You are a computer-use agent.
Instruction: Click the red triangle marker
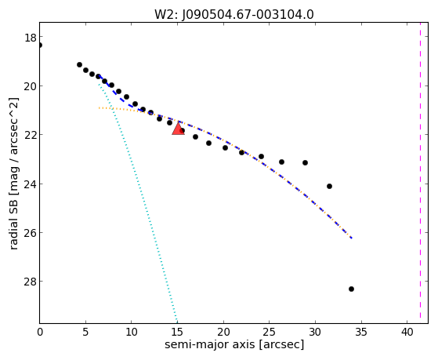[x=178, y=128]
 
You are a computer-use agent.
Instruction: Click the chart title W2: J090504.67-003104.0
[x=234, y=15]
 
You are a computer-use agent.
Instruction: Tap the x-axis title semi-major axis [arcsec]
[x=234, y=344]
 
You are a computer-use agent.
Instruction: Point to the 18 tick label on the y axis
[x=30, y=37]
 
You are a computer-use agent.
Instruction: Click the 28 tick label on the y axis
[x=30, y=282]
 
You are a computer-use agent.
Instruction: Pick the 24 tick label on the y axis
[x=30, y=184]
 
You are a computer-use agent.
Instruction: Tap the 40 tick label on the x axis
[x=407, y=333]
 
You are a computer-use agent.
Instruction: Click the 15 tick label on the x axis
[x=177, y=333]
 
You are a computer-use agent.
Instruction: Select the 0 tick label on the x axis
[x=40, y=333]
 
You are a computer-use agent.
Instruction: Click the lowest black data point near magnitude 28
[x=351, y=289]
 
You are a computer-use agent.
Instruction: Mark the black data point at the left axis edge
[x=40, y=45]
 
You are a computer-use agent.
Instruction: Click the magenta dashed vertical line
[x=420, y=173]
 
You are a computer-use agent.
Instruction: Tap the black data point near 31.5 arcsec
[x=329, y=187]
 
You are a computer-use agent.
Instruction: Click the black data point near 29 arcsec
[x=305, y=162]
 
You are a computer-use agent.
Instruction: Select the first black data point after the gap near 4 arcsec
[x=79, y=64]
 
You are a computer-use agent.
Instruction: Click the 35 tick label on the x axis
[x=361, y=333]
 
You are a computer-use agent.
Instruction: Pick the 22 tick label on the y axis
[x=30, y=135]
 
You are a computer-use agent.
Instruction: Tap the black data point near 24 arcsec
[x=261, y=156]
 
